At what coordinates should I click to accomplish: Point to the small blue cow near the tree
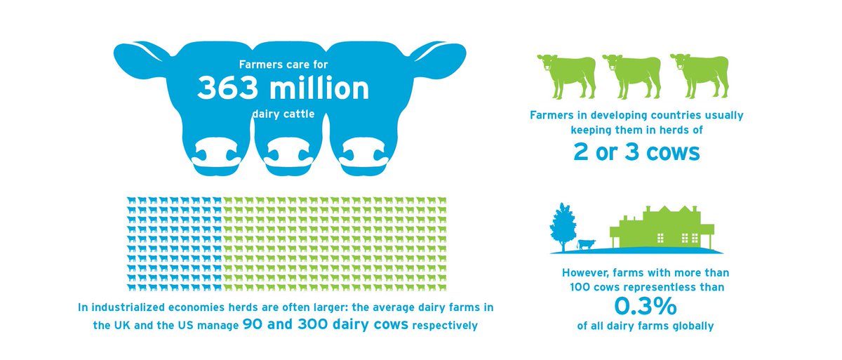pos(585,244)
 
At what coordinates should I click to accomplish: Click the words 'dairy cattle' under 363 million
pos(283,114)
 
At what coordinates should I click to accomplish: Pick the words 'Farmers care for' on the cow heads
pos(283,64)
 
